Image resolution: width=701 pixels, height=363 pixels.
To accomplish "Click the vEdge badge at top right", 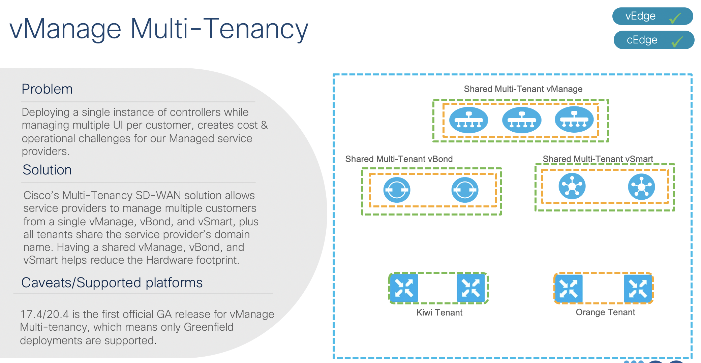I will pos(652,16).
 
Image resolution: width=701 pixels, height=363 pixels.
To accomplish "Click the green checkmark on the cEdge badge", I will pos(677,42).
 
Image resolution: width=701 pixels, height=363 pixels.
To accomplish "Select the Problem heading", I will pos(47,89).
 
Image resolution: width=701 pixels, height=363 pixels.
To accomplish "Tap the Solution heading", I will pos(47,170).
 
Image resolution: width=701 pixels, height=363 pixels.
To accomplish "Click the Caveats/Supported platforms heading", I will pos(112,283).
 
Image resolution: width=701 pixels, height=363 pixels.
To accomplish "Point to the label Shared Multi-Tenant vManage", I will pos(523,89).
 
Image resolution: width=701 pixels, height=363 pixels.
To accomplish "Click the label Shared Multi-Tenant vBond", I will pos(399,159).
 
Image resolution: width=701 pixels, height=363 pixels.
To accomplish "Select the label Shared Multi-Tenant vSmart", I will pos(598,159).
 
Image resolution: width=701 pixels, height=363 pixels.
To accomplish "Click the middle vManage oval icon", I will pos(521,120).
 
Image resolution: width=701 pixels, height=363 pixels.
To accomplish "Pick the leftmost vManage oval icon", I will pos(469,120).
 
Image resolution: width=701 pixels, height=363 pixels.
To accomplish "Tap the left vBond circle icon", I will pos(397,190).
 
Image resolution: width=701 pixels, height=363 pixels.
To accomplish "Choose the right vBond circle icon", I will pos(465,190).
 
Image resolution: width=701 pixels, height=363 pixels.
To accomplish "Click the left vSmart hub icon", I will pos(572,186).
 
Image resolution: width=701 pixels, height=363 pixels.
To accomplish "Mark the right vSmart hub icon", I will pos(641,186).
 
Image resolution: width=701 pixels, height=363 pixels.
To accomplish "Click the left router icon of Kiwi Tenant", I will pos(404,288).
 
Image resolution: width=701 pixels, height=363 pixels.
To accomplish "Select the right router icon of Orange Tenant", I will pos(637,289).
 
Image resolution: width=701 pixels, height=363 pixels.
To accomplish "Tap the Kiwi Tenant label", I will pos(439,312).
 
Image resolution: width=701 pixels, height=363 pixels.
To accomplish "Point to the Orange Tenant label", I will pos(605,312).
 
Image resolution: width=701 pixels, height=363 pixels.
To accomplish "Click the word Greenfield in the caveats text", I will pos(209,327).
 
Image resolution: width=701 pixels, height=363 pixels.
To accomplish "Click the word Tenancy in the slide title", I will pos(255,29).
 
